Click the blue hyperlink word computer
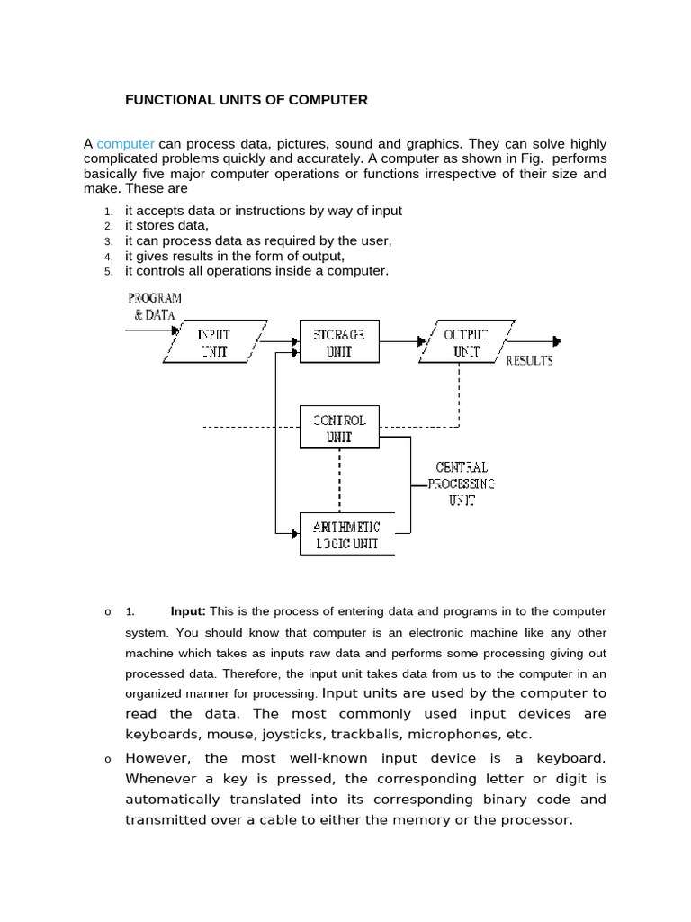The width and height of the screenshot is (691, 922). (126, 144)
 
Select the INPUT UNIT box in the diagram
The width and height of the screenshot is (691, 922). (215, 342)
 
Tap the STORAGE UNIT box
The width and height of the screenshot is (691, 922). (339, 342)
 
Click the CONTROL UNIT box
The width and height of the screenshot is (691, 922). (339, 428)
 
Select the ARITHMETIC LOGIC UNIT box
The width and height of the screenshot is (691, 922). (346, 535)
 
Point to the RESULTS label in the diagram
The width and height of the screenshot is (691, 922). (530, 361)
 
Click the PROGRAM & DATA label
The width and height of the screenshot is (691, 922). (155, 306)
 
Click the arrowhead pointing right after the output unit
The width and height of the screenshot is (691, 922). (557, 341)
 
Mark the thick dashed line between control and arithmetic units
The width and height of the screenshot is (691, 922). (339, 480)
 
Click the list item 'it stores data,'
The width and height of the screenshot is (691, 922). (166, 226)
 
